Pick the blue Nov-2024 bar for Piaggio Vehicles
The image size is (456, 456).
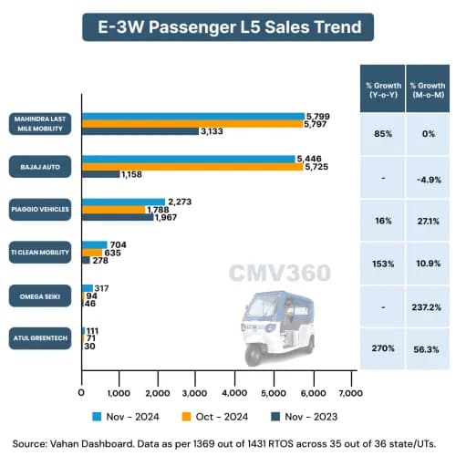coord(124,202)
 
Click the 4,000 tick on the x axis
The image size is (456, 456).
coord(235,393)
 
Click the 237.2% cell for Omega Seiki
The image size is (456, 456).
coord(427,306)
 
